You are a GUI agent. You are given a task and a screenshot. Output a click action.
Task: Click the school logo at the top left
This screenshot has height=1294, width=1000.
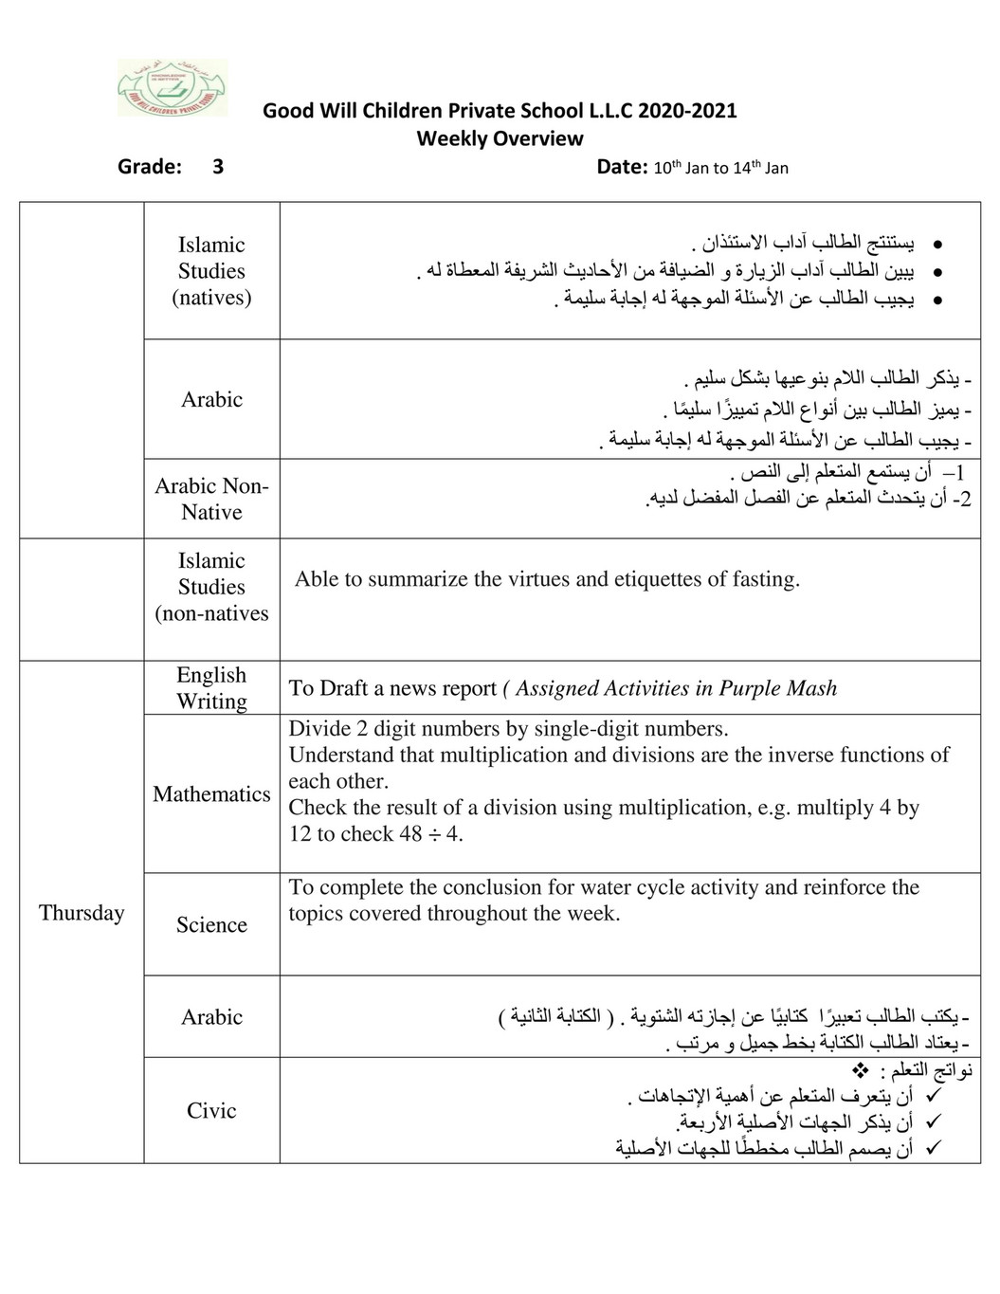tap(173, 88)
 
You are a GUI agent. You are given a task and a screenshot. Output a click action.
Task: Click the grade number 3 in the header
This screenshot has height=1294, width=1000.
tap(218, 167)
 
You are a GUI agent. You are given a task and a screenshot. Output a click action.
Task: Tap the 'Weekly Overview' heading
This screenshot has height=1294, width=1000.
tap(500, 138)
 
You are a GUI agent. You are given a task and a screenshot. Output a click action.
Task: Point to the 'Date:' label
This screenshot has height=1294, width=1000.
tap(622, 167)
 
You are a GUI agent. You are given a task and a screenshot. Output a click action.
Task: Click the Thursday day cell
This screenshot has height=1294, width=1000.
tap(82, 912)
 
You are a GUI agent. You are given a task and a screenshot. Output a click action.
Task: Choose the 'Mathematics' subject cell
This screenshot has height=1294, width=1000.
tap(211, 793)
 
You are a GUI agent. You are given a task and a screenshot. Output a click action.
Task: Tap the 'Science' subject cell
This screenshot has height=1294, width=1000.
tap(211, 924)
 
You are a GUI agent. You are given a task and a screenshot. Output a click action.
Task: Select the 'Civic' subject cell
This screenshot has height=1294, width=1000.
tap(211, 1110)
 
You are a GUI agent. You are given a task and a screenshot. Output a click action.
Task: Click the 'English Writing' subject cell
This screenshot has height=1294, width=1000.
tap(211, 687)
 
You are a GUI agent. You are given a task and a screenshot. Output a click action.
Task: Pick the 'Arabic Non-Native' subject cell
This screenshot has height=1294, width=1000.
tap(211, 499)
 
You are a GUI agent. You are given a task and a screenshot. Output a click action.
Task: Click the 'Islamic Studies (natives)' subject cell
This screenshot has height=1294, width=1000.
tap(211, 270)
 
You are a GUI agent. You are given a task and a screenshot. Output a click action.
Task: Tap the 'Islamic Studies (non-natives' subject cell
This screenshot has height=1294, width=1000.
tap(211, 587)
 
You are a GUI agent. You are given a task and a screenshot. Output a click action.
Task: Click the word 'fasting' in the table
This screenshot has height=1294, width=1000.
tap(765, 579)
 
